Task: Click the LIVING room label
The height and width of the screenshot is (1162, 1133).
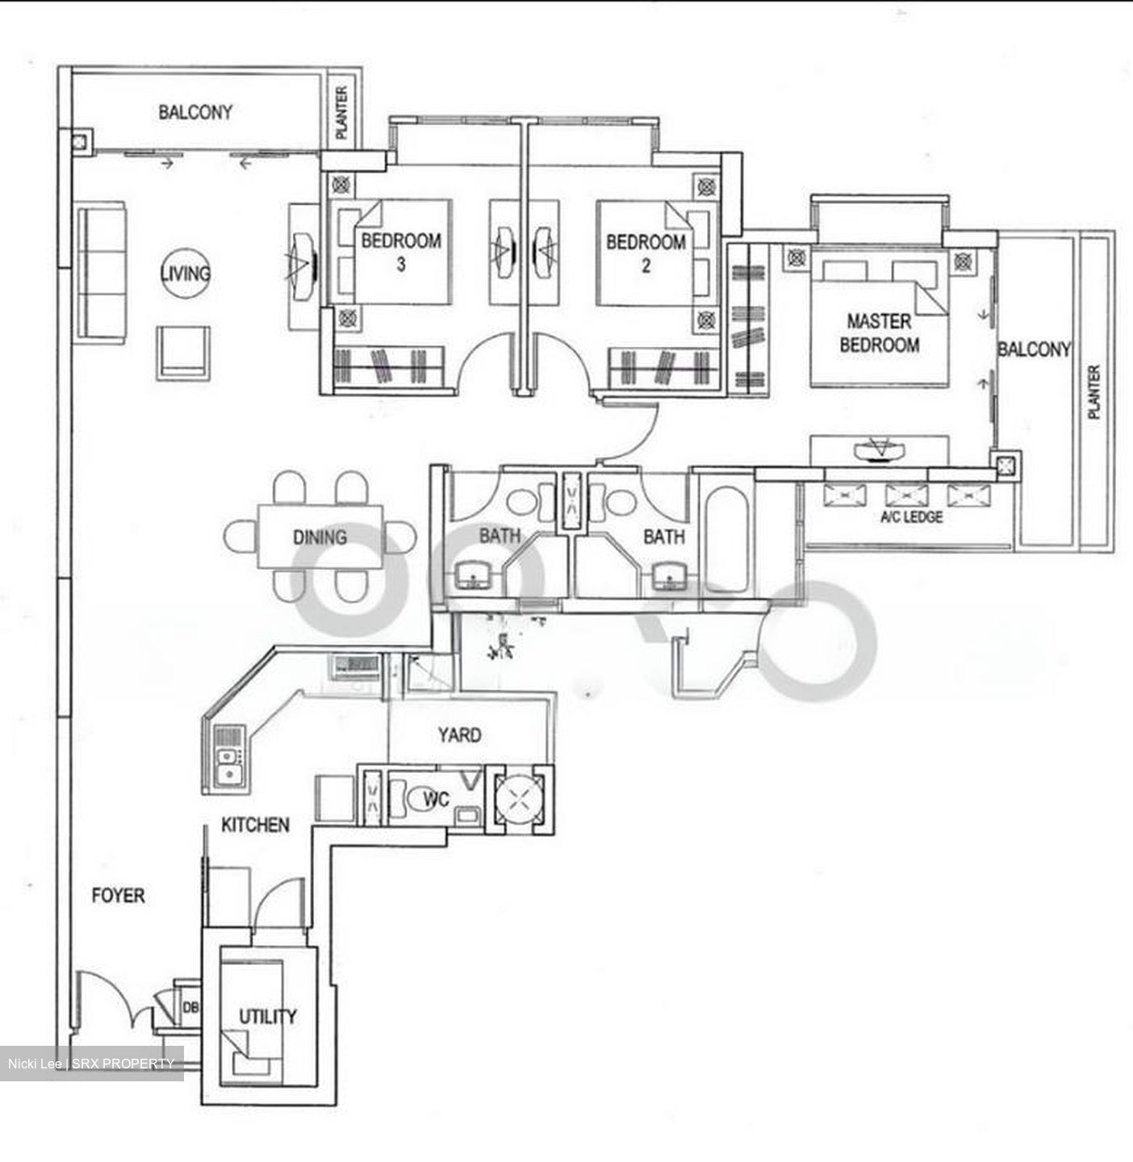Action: [186, 273]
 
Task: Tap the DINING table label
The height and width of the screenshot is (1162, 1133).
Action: [320, 537]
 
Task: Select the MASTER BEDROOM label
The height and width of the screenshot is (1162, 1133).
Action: [879, 332]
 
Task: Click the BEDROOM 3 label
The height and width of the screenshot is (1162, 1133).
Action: [401, 251]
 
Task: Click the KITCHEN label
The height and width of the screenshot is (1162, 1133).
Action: [255, 825]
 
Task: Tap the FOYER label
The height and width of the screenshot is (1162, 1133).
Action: [118, 895]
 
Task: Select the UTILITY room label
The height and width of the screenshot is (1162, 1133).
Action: [267, 1016]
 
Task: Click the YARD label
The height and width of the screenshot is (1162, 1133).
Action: [459, 734]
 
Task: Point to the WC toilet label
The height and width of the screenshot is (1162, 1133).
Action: [437, 800]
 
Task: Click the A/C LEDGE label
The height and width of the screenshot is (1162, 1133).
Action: [911, 516]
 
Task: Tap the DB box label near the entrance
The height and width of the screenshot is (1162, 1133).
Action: [191, 1008]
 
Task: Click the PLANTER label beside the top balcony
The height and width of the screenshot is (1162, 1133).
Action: [341, 112]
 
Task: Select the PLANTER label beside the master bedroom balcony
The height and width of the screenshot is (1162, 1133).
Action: [1093, 392]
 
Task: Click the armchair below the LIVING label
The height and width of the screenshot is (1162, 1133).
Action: [183, 353]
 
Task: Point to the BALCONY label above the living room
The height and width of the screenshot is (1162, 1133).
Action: [195, 112]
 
